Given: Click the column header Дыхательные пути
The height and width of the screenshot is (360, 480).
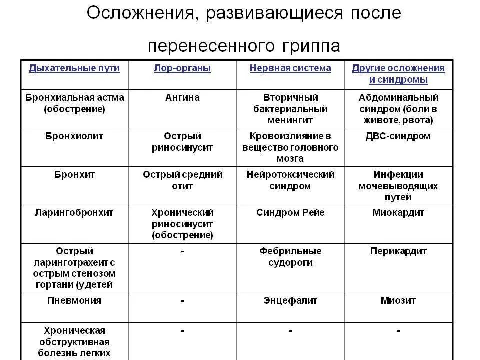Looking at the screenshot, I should pyautogui.click(x=74, y=68).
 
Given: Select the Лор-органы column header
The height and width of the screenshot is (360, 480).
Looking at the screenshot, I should pyautogui.click(x=182, y=68).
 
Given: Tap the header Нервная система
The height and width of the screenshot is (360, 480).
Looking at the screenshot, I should pyautogui.click(x=290, y=68).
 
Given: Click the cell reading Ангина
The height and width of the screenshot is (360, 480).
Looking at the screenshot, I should pyautogui.click(x=182, y=98).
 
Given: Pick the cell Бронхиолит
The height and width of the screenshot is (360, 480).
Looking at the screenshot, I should pyautogui.click(x=74, y=136).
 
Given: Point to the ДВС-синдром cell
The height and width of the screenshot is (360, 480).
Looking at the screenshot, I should pyautogui.click(x=398, y=136).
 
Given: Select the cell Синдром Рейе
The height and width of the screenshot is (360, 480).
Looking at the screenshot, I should pyautogui.click(x=290, y=213).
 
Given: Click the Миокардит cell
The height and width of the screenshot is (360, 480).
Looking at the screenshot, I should pyautogui.click(x=398, y=213).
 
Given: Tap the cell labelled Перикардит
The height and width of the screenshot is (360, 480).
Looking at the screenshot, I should pyautogui.click(x=398, y=251).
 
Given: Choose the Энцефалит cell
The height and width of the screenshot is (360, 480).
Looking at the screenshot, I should pyautogui.click(x=290, y=301).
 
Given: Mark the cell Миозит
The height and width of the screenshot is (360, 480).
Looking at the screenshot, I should pyautogui.click(x=398, y=301).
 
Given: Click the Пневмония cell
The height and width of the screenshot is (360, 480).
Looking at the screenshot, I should pyautogui.click(x=74, y=301).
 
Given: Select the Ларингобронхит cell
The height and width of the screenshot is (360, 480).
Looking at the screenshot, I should pyautogui.click(x=74, y=213).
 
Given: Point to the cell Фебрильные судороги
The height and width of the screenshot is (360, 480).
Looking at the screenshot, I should pyautogui.click(x=290, y=257).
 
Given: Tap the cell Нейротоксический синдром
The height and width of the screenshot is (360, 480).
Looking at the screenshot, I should pyautogui.click(x=290, y=180).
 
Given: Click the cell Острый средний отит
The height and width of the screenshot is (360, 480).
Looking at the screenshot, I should pyautogui.click(x=182, y=180).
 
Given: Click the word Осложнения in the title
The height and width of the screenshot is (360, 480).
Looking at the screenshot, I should pyautogui.click(x=140, y=13).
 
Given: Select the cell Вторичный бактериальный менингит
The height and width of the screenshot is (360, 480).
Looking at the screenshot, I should pyautogui.click(x=290, y=109).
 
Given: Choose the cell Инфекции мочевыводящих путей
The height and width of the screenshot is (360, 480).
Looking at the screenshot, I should pyautogui.click(x=398, y=186).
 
